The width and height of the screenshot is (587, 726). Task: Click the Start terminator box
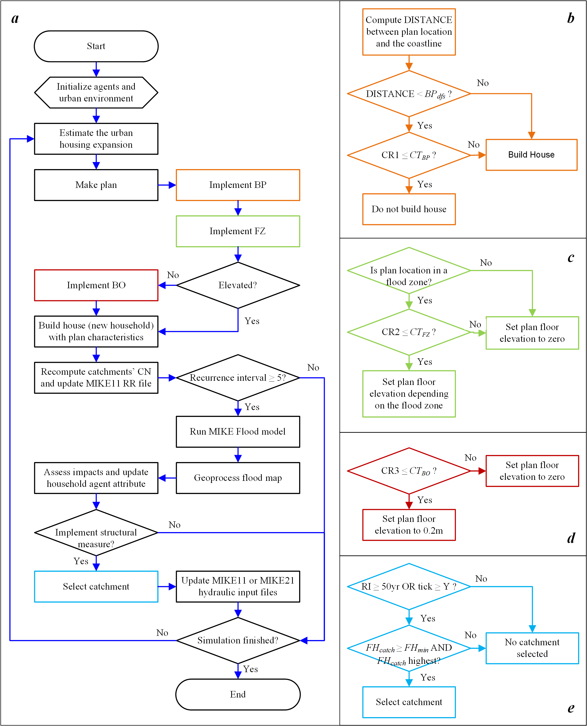(x=96, y=46)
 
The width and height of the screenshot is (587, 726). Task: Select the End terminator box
(x=238, y=694)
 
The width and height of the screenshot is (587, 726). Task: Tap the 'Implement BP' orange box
(x=238, y=185)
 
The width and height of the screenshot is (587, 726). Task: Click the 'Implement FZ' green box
(x=238, y=231)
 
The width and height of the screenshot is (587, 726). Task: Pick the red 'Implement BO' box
(x=96, y=285)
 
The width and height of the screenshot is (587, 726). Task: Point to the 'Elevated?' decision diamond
(x=238, y=285)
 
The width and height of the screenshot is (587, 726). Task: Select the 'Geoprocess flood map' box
(x=238, y=478)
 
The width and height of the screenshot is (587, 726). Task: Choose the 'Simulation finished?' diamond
(x=238, y=640)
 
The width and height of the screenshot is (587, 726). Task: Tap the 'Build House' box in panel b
(x=531, y=155)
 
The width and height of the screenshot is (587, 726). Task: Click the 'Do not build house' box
(x=409, y=209)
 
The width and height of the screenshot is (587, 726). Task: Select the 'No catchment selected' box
(x=532, y=648)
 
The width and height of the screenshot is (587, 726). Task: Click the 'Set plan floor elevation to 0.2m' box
(x=409, y=525)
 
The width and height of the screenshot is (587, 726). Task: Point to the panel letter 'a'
(x=15, y=18)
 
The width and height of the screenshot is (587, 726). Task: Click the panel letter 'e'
(x=571, y=708)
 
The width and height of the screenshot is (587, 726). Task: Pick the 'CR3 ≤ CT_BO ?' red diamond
(x=409, y=471)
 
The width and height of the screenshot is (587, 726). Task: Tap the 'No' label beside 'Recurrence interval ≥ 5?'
(x=313, y=367)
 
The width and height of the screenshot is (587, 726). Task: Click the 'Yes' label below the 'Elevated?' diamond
(x=252, y=321)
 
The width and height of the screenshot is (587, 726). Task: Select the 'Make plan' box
(x=96, y=185)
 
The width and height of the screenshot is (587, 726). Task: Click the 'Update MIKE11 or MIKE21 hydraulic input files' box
(x=238, y=586)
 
